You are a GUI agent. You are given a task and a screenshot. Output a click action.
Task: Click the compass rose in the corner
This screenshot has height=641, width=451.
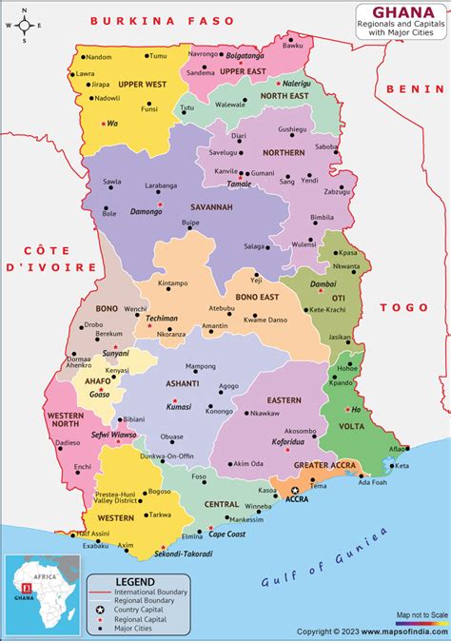(25, 26)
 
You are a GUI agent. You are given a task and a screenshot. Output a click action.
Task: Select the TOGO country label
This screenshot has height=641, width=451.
(400, 307)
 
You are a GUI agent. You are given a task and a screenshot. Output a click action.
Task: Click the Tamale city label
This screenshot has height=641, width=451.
(240, 184)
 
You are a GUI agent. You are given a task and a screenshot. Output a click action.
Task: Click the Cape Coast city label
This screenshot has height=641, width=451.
(227, 534)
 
